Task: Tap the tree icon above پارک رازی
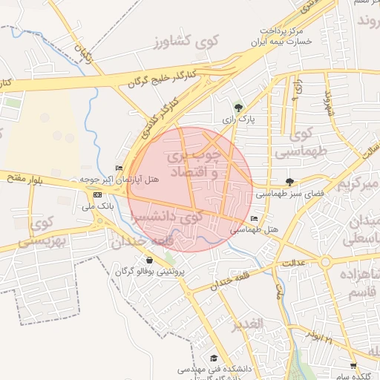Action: (x=237, y=107)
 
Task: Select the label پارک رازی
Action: (x=238, y=119)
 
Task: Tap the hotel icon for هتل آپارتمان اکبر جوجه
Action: (x=119, y=168)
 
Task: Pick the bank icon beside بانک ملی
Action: (x=98, y=194)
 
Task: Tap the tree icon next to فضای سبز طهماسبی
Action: (x=289, y=181)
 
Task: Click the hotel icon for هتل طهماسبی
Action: (x=255, y=219)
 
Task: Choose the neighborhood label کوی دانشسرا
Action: (x=166, y=218)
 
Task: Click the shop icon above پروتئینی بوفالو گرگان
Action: (x=151, y=261)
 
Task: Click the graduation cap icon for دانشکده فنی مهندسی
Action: (x=214, y=358)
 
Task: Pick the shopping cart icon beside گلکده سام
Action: (x=353, y=366)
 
